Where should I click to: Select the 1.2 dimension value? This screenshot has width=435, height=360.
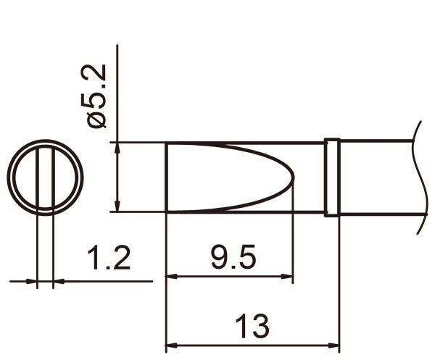pyautogui.click(x=108, y=258)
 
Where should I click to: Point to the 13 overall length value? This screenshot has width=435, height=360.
pyautogui.click(x=252, y=327)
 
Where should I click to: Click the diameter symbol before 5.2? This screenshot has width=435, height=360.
pyautogui.click(x=97, y=119)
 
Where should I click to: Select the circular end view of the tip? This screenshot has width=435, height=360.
pyautogui.click(x=45, y=177)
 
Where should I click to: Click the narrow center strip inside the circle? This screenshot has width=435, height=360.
pyautogui.click(x=45, y=177)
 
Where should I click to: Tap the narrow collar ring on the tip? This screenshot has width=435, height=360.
pyautogui.click(x=331, y=177)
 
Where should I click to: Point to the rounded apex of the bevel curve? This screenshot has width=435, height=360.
pyautogui.click(x=292, y=177)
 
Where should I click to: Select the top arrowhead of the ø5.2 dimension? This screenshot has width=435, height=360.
pyautogui.click(x=117, y=148)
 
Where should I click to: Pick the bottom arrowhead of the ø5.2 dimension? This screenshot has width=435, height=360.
pyautogui.click(x=117, y=206)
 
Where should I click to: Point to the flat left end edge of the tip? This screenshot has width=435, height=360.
pyautogui.click(x=167, y=177)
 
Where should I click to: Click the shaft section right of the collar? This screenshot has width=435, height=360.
pyautogui.click(x=377, y=177)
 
